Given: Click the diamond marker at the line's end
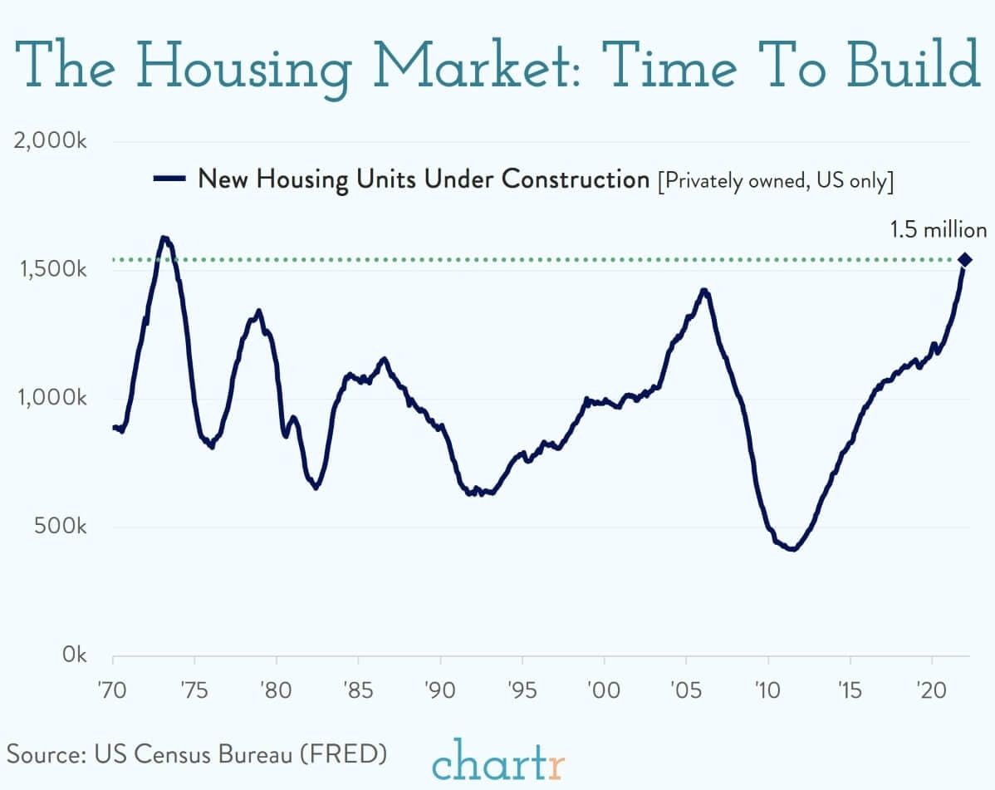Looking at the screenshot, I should coord(964,260).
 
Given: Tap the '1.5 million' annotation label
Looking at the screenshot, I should coord(939,230).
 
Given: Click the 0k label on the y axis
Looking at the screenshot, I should coord(71,655).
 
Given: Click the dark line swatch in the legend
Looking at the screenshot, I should coord(169,178).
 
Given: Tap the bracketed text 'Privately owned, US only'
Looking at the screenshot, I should coord(774,180).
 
